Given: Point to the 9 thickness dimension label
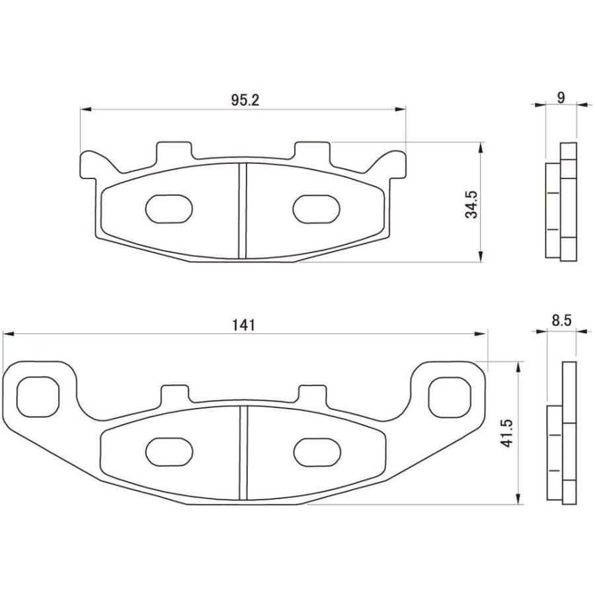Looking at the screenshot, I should pyautogui.click(x=561, y=98).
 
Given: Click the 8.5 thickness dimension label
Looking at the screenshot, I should pyautogui.click(x=561, y=321).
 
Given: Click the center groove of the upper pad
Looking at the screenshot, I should pyautogui.click(x=242, y=210).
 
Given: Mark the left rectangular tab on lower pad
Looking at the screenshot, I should pyautogui.click(x=175, y=394).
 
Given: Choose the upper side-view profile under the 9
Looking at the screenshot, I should pyautogui.click(x=561, y=202).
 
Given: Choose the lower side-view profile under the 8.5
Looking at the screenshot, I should pyautogui.click(x=562, y=433).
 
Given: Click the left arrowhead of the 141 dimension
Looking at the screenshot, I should pyautogui.click(x=7, y=335).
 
